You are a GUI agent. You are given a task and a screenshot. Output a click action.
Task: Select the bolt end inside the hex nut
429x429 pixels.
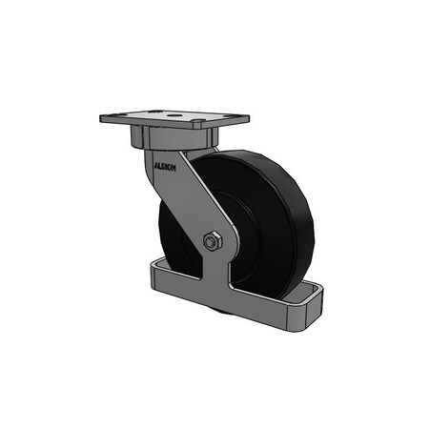[212, 242]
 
